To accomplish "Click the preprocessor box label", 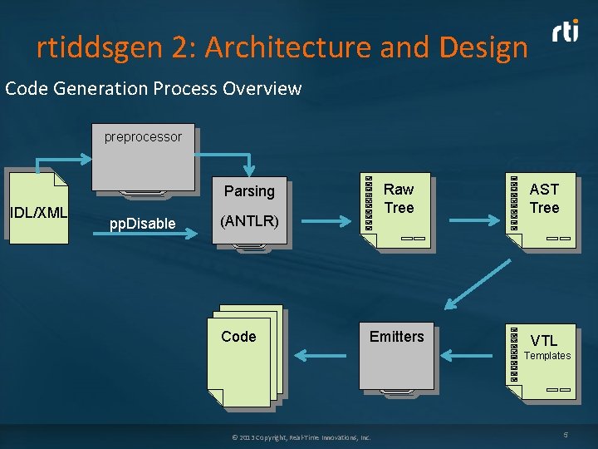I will pyautogui.click(x=143, y=137).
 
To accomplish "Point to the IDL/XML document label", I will pyautogui.click(x=38, y=213).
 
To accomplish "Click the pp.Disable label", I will pyautogui.click(x=143, y=224).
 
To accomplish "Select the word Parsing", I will pyautogui.click(x=249, y=191).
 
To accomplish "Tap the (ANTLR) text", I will pyautogui.click(x=248, y=222).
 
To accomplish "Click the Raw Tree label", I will pyautogui.click(x=399, y=199).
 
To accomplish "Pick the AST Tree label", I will pyautogui.click(x=545, y=199).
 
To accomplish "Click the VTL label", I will pyautogui.click(x=544, y=340).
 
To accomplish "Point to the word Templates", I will pyautogui.click(x=547, y=356).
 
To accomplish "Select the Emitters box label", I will pyautogui.click(x=396, y=337).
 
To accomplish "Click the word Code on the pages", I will pyautogui.click(x=238, y=337).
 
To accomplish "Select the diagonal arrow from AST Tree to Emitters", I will pyautogui.click(x=478, y=283).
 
